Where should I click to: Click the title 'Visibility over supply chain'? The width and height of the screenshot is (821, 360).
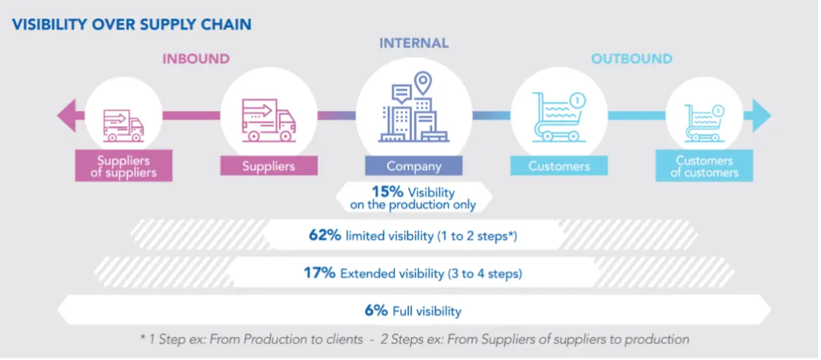click(131, 25)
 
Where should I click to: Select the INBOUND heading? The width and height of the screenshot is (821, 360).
click(196, 58)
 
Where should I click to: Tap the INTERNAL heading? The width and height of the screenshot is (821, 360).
click(414, 43)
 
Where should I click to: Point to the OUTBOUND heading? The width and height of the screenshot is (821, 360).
click(631, 58)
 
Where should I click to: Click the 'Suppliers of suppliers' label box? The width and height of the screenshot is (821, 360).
click(123, 166)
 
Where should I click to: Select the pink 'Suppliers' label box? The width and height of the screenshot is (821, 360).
click(269, 166)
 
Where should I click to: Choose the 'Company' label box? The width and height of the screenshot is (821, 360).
click(413, 166)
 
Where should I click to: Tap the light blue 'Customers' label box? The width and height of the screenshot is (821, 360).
click(558, 166)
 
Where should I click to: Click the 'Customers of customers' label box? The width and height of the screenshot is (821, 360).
click(703, 166)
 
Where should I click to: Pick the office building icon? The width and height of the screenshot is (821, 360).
click(414, 108)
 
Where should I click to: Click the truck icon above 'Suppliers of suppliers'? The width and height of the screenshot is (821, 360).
click(123, 126)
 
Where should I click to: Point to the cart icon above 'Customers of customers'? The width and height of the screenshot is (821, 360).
click(703, 123)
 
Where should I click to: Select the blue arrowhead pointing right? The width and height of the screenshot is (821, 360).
click(761, 116)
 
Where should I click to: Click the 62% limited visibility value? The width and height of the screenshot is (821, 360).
click(324, 235)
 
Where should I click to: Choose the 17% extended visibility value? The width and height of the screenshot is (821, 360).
click(320, 273)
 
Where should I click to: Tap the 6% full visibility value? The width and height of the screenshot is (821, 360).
click(376, 310)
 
